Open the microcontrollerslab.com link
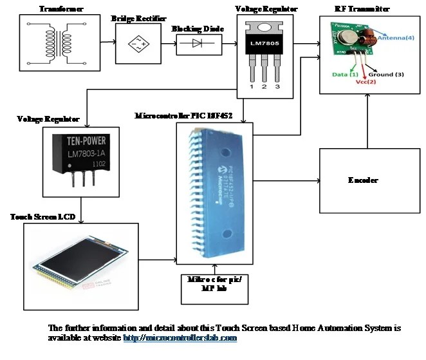(180, 337)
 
